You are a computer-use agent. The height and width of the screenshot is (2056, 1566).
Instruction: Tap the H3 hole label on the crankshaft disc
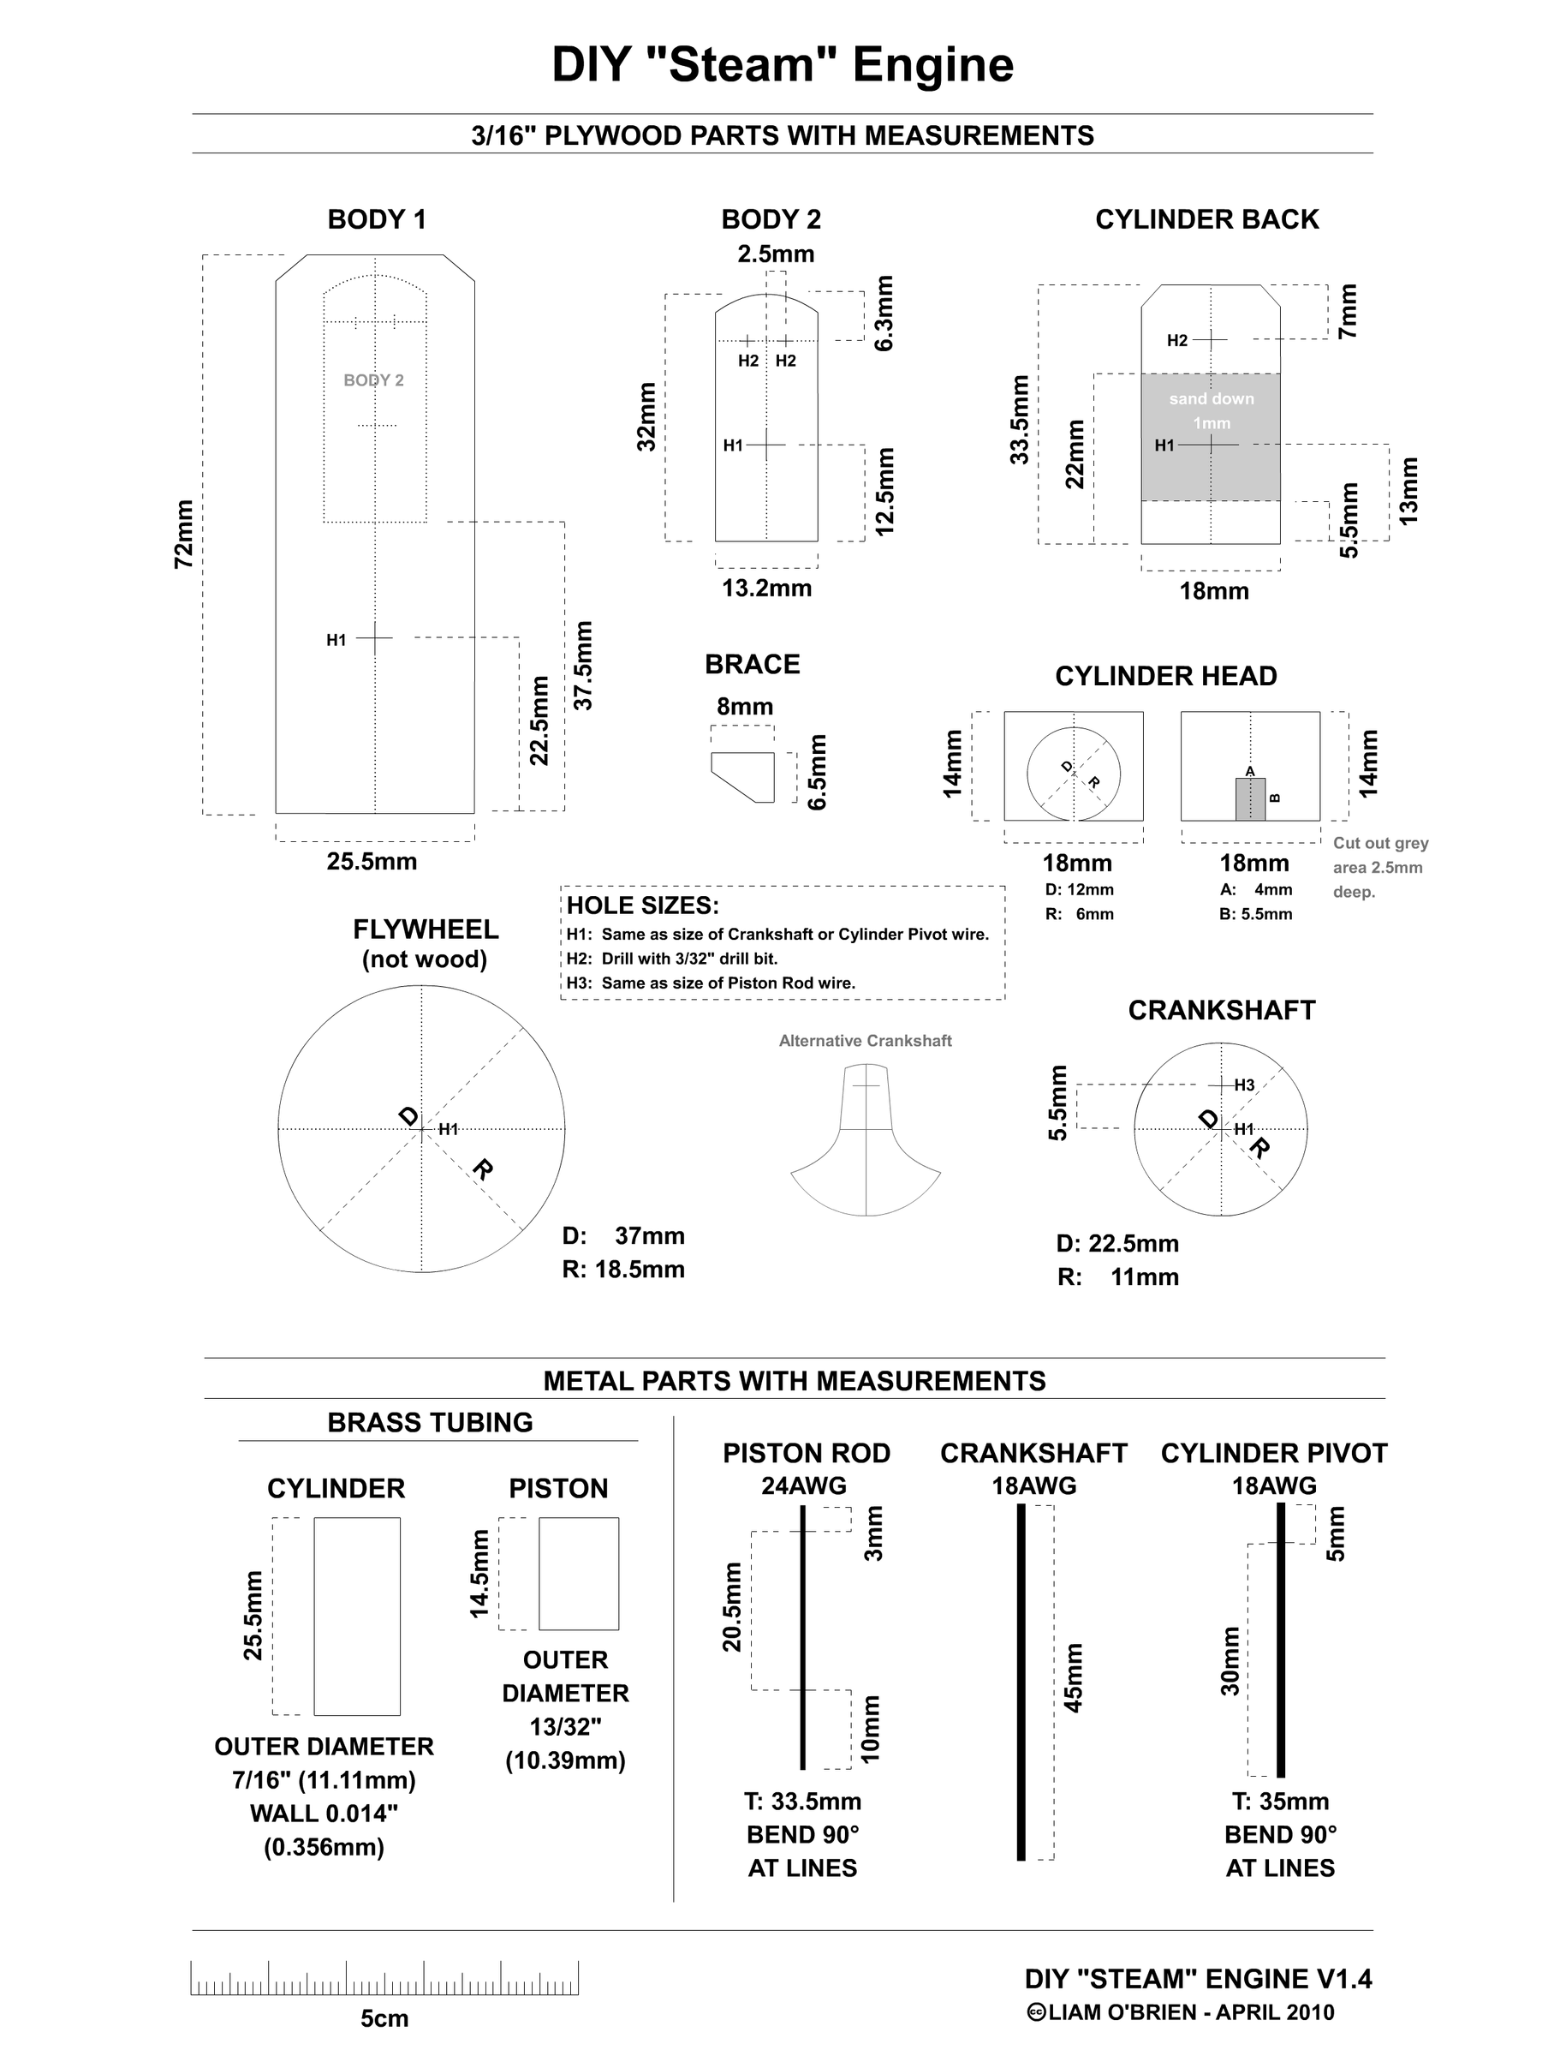pos(1244,1085)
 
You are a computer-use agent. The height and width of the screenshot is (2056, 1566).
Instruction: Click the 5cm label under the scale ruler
pos(384,2018)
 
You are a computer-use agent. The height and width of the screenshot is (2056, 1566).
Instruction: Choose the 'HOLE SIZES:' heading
pos(643,906)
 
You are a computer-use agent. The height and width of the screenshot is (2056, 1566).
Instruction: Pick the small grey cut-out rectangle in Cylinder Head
pos(1250,799)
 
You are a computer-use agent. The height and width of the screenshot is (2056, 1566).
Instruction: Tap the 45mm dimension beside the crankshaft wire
pos(1073,1677)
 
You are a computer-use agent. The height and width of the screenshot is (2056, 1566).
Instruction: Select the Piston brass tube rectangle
pos(578,1573)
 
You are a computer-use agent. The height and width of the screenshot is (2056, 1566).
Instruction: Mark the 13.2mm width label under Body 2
pos(766,589)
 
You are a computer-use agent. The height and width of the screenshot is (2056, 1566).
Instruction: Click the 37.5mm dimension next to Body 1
pos(584,666)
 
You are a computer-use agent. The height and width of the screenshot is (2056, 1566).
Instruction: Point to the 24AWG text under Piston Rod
pos(803,1486)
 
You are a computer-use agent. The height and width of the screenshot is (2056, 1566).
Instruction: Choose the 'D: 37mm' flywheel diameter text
pos(622,1236)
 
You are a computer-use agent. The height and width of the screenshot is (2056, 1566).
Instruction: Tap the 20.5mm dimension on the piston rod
pos(733,1606)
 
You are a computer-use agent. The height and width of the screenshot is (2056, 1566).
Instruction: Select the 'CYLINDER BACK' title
pos(1206,220)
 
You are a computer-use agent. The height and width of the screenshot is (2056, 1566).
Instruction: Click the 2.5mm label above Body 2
pos(776,254)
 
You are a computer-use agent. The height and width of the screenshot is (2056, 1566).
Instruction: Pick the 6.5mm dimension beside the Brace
pos(817,773)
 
